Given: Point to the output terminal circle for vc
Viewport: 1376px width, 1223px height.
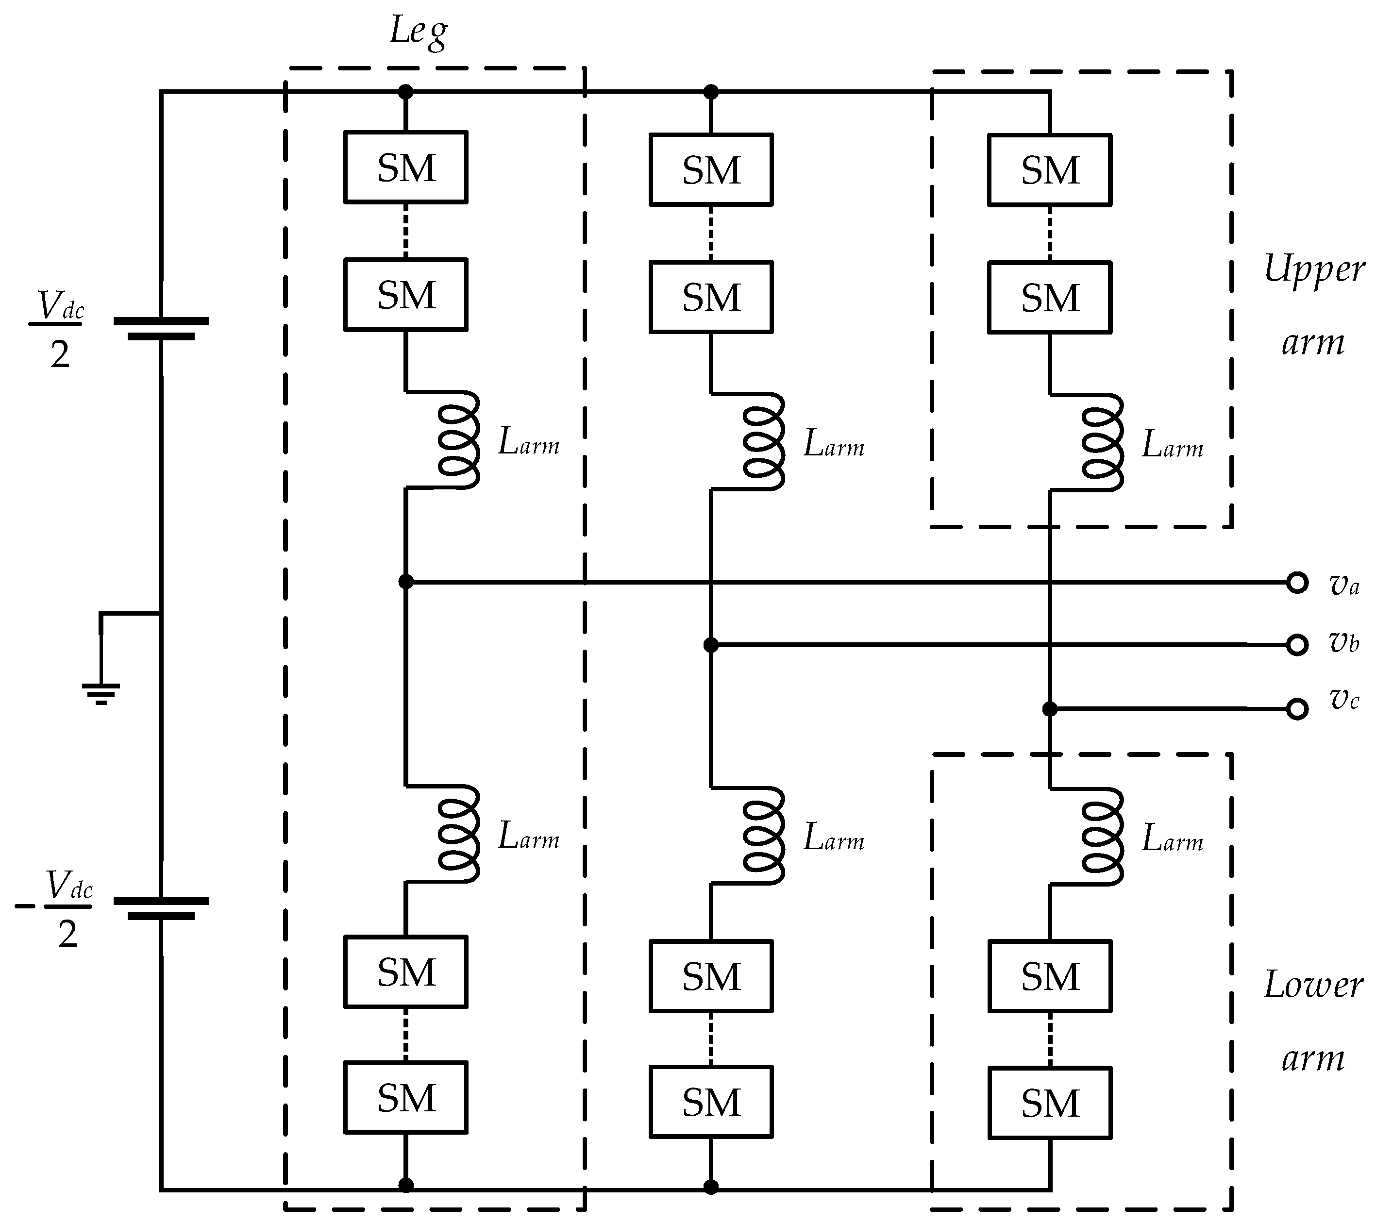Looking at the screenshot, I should pos(1297,709).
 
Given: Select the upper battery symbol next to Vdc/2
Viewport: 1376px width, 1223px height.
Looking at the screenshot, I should pos(161,329).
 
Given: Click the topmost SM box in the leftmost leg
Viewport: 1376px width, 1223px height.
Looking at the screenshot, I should pos(406,167).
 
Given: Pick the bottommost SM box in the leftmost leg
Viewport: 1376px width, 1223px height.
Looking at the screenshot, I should pos(406,1098).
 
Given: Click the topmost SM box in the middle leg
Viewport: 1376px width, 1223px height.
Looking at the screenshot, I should pos(711,169).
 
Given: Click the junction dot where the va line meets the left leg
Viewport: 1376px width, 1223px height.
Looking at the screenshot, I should pos(406,582).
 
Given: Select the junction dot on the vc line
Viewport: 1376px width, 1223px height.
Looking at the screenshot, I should pos(1050,709).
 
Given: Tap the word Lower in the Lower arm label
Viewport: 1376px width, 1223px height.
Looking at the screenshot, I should pos(1313,986).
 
